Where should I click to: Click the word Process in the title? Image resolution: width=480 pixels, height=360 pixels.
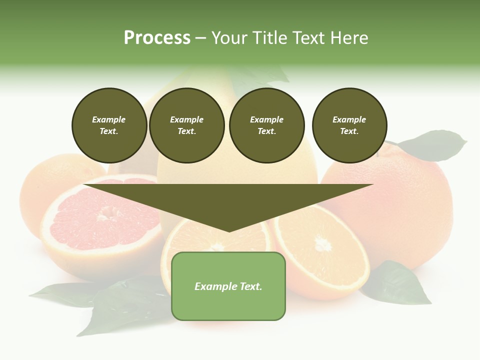[x=157, y=38]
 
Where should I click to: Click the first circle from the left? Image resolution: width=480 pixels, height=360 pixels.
[x=109, y=125]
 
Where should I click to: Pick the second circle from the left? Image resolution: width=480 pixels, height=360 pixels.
[x=186, y=125]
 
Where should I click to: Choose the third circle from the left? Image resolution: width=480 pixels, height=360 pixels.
[x=266, y=125]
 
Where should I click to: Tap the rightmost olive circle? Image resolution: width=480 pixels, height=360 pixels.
[x=349, y=125]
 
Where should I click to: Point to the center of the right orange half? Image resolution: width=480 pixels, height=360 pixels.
[x=322, y=244]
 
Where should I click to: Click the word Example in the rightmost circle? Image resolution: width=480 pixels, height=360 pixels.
[x=349, y=119]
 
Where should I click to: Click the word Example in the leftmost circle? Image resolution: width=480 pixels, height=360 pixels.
[x=109, y=119]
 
